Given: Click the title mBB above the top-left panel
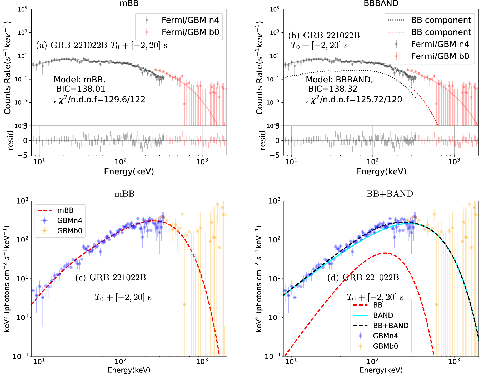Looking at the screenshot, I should click(129, 3).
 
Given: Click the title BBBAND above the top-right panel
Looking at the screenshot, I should click(381, 3).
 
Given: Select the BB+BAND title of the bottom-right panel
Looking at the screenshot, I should click(390, 194).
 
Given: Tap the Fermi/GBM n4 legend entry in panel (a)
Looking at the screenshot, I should click(190, 20).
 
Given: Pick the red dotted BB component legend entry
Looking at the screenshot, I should click(441, 32).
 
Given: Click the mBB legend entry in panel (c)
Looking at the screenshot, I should click(65, 210).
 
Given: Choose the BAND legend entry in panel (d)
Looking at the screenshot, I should click(383, 315).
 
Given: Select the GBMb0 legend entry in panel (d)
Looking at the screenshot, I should click(385, 346).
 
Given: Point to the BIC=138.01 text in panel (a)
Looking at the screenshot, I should click(81, 89).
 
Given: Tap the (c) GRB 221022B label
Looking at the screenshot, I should click(111, 277).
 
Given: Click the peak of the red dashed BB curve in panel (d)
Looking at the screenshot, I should click(385, 253).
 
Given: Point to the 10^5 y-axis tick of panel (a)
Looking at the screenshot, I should click(23, 9).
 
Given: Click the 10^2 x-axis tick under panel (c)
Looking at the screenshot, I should click(121, 361).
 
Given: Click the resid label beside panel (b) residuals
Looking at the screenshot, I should click(262, 140).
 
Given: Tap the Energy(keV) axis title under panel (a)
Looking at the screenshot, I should click(129, 171).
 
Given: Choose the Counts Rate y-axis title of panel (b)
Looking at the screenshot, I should click(260, 68).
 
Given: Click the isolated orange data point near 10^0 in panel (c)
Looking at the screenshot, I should click(184, 305).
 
